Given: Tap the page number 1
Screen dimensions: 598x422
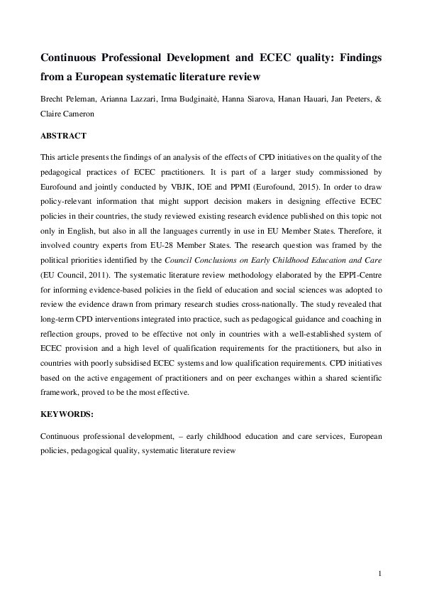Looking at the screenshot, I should (381, 573).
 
